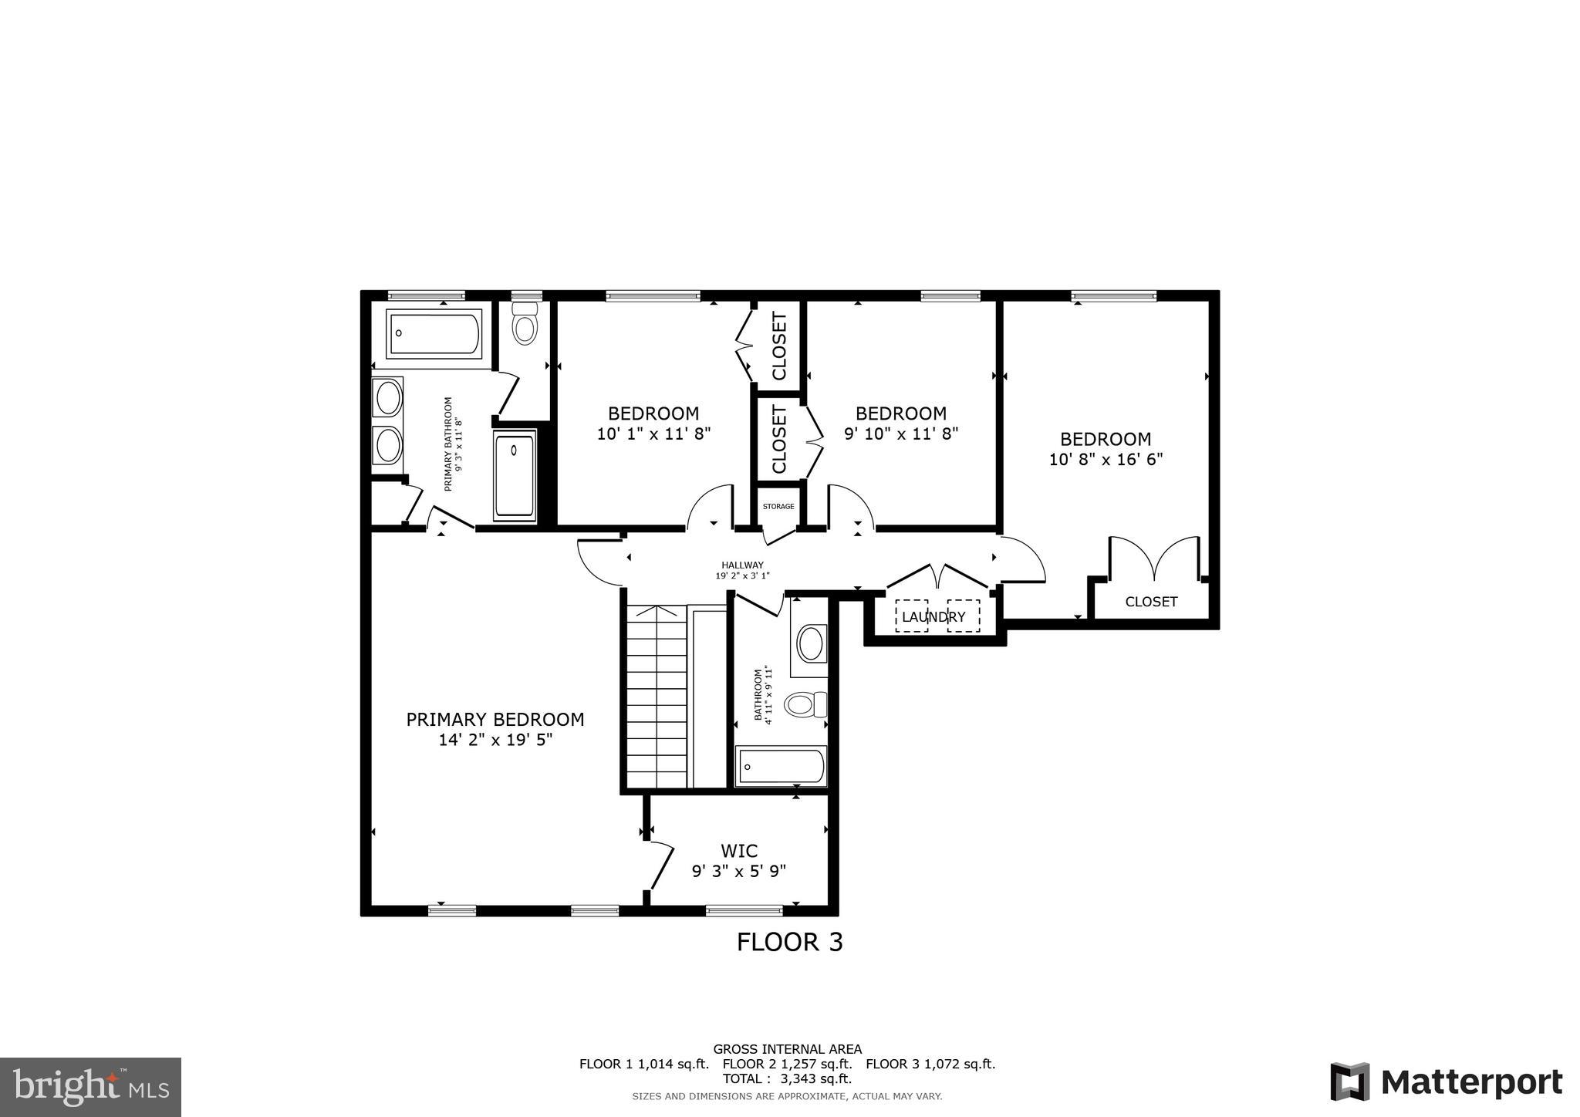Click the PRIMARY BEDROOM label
(x=495, y=719)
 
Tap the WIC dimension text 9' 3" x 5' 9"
(x=738, y=871)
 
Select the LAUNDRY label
(x=933, y=617)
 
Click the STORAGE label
(x=778, y=507)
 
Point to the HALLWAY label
(x=742, y=565)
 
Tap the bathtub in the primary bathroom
(x=434, y=333)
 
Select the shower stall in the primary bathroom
(x=514, y=476)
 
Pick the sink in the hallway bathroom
(x=810, y=643)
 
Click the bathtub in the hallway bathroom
(x=781, y=766)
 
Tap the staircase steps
(x=656, y=698)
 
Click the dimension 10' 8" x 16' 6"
(x=1106, y=460)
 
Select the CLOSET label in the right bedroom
(x=1151, y=602)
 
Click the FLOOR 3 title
(x=789, y=942)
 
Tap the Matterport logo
(x=1446, y=1082)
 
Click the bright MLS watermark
(x=90, y=1087)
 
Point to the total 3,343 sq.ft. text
(x=787, y=1078)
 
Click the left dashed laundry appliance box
(x=911, y=616)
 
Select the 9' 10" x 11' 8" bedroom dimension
(x=900, y=434)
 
